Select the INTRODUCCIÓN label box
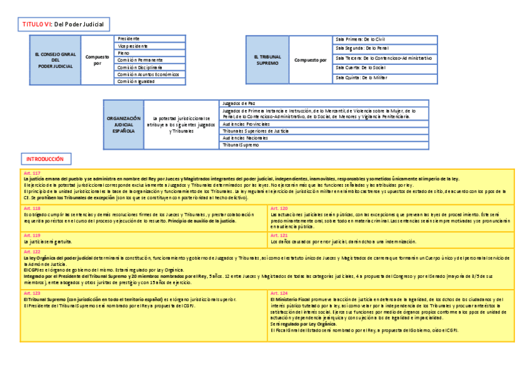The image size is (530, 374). click(46, 159)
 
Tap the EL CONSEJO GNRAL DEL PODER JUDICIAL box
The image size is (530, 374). click(56, 60)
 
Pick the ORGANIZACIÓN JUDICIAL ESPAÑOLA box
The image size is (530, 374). click(124, 124)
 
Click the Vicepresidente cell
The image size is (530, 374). click(150, 46)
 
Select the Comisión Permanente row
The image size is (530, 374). click(150, 60)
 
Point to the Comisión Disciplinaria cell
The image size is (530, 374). click(150, 67)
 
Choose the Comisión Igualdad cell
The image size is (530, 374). click(150, 81)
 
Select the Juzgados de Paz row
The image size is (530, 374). click(324, 103)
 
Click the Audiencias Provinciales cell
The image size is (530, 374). click(324, 124)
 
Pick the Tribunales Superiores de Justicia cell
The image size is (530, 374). click(324, 131)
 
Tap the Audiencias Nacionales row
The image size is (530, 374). click(324, 138)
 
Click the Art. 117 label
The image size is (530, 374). click(32, 172)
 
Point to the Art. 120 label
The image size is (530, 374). click(279, 208)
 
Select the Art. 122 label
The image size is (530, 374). click(32, 251)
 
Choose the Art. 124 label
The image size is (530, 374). click(279, 292)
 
